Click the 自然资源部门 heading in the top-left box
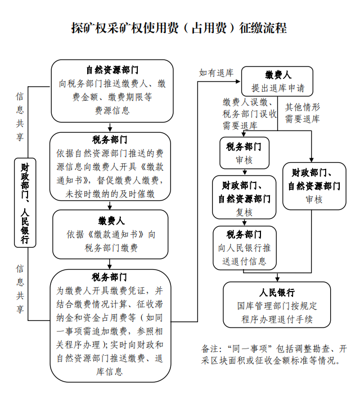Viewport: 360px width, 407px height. [x=112, y=70]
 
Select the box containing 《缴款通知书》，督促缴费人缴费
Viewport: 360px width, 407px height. [x=110, y=167]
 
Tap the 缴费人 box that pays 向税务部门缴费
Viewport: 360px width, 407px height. [x=111, y=234]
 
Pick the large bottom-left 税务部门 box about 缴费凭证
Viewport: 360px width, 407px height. [x=110, y=324]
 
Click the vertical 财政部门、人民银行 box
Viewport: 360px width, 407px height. [x=25, y=203]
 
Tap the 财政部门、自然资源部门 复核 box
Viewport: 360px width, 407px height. [x=244, y=198]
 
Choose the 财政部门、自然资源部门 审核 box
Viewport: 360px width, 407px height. [x=314, y=185]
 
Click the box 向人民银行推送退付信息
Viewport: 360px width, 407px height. [x=244, y=248]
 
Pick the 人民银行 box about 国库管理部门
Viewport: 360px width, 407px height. [x=277, y=306]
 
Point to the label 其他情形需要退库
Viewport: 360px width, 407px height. [x=303, y=113]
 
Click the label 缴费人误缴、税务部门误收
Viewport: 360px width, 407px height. [x=249, y=113]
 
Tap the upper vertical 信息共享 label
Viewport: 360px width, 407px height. [x=20, y=117]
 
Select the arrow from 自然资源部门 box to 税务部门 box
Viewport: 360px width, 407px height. [x=111, y=127]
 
